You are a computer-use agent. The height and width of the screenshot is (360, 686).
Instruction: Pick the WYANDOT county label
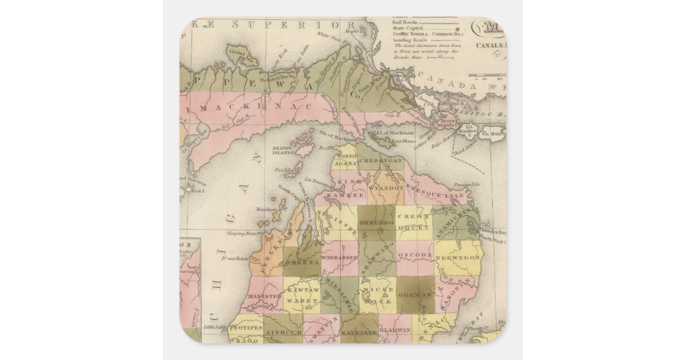(386, 187)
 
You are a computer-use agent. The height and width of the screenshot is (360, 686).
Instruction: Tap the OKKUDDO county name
(377, 219)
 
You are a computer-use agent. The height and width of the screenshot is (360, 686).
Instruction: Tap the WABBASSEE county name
(339, 258)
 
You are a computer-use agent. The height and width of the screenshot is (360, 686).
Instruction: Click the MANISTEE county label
(265, 297)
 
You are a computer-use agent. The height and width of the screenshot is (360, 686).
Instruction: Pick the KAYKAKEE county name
(358, 331)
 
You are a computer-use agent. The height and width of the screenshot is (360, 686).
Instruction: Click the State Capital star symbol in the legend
(456, 27)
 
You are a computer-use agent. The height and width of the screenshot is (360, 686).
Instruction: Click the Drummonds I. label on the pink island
(450, 123)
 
